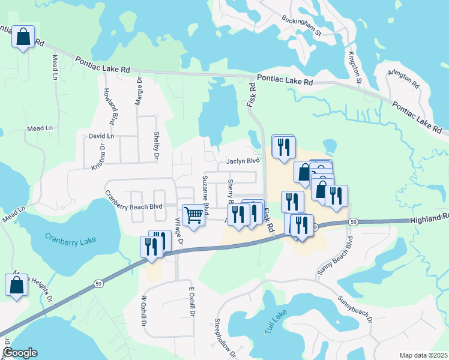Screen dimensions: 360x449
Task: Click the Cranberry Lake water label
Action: click(70, 238)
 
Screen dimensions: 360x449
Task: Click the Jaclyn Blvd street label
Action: click(243, 161)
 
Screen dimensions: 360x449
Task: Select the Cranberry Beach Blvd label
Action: click(134, 200)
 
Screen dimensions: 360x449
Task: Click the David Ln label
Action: click(101, 136)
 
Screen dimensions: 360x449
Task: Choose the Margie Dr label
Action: click(139, 91)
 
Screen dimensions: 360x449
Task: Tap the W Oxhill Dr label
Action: click(144, 310)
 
